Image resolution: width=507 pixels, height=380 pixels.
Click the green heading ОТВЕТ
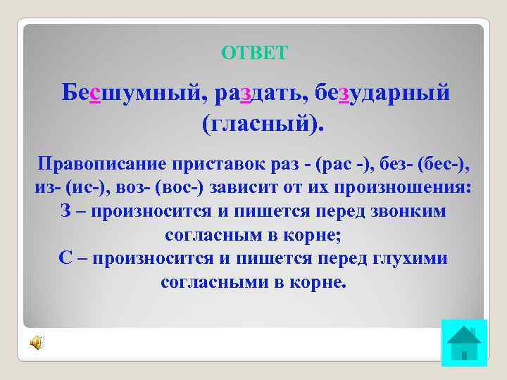(x=254, y=53)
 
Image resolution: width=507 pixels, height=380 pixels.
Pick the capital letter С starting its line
(x=66, y=258)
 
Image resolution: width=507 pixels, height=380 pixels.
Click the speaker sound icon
(x=35, y=343)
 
